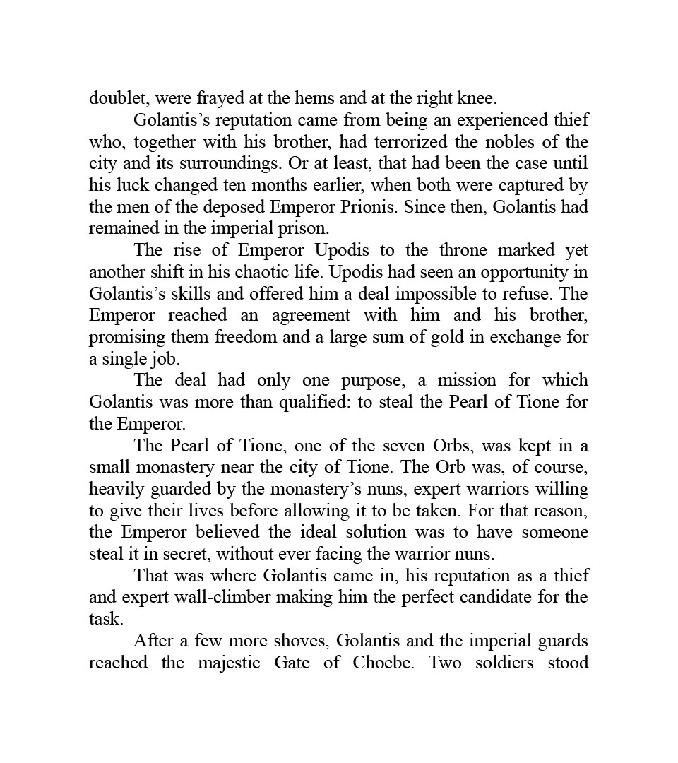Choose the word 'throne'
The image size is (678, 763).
pos(464,250)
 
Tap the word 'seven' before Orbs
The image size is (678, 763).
pos(395,446)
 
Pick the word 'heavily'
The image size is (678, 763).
pos(115,489)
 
